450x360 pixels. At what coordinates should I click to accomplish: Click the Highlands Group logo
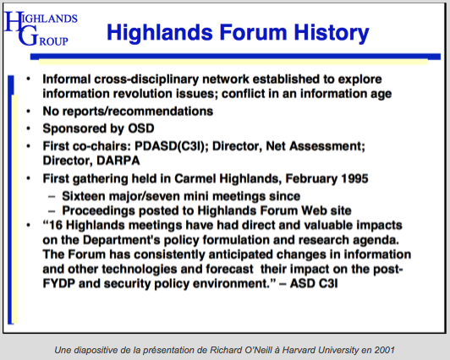(x=41, y=29)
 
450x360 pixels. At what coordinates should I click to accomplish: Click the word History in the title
(x=332, y=33)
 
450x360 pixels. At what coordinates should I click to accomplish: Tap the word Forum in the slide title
(x=254, y=32)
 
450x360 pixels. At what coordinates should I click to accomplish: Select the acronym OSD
(x=141, y=128)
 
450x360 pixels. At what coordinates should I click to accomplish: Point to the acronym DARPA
(x=118, y=161)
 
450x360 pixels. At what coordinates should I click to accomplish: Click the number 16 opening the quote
(x=56, y=226)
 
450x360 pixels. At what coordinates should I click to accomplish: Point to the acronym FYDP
(x=59, y=283)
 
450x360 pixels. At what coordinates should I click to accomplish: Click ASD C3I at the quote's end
(x=314, y=283)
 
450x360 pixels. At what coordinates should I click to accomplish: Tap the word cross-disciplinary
(x=146, y=79)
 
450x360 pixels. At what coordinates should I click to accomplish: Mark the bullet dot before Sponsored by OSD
(x=28, y=128)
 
